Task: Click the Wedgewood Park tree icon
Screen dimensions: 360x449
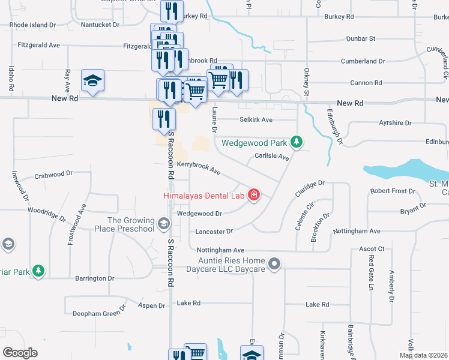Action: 295,142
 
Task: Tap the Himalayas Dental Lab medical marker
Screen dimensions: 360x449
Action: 254,195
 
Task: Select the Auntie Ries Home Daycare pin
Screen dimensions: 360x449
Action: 274,263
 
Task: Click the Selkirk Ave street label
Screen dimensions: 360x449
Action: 256,120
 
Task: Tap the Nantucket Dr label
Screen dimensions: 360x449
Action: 100,26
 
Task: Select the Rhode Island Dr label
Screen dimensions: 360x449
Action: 32,26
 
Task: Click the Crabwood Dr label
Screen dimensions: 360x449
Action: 53,175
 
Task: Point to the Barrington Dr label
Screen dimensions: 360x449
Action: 94,278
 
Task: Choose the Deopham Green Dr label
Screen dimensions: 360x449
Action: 100,312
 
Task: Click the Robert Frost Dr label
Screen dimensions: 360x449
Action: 393,191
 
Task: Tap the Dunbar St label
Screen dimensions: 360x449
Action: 361,38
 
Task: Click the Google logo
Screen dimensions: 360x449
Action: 20,353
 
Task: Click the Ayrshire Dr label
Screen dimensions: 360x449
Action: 396,123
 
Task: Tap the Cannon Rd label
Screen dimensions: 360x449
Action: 370,83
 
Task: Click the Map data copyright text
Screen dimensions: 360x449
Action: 424,355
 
